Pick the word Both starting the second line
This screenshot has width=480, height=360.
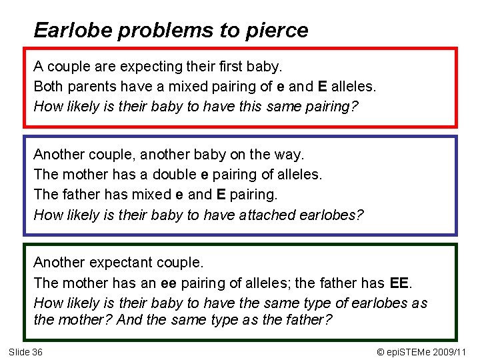pyautogui.click(x=47, y=87)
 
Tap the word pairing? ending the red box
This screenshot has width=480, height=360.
pyautogui.click(x=331, y=107)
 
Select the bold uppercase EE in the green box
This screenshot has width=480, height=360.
pyautogui.click(x=399, y=283)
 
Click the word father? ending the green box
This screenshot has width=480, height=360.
pyautogui.click(x=306, y=320)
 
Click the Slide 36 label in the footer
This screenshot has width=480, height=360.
pyautogui.click(x=25, y=351)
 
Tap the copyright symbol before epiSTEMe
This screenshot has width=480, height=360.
pyautogui.click(x=381, y=351)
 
